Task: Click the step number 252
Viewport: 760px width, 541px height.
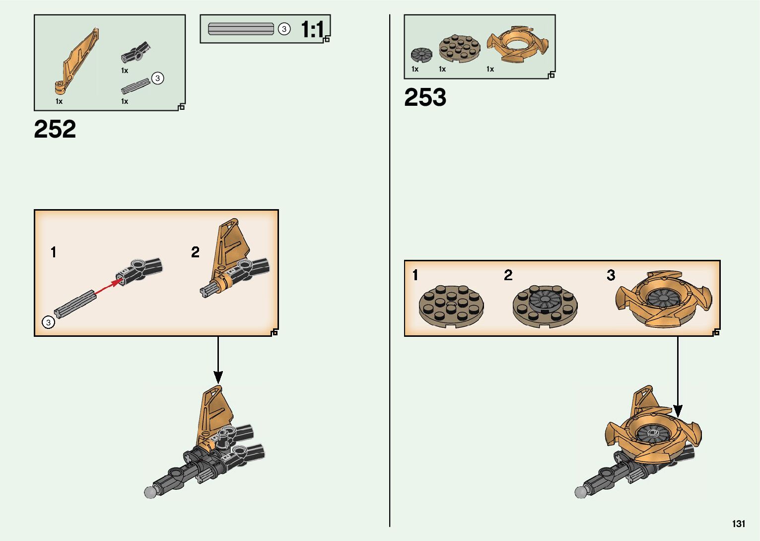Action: point(55,129)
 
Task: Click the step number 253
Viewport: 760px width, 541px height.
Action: point(425,97)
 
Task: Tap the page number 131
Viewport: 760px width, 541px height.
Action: point(738,524)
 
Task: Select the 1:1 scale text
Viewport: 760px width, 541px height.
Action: point(312,30)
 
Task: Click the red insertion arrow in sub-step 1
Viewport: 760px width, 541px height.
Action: point(106,288)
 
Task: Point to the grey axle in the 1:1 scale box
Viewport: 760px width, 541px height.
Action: point(241,29)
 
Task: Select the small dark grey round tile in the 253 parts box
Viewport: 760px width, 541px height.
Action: point(421,54)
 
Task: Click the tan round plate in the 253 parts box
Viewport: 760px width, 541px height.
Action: point(459,49)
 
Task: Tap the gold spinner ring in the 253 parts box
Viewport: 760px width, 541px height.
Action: point(517,45)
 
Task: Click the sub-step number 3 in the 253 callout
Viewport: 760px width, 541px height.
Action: point(611,275)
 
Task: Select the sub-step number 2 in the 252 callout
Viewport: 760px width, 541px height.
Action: point(195,252)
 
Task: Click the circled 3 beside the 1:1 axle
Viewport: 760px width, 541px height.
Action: point(284,29)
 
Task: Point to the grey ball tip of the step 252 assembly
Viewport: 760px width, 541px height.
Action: point(150,492)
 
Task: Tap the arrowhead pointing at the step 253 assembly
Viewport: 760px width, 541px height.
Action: point(678,411)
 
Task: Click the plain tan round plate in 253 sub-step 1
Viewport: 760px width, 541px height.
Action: point(451,305)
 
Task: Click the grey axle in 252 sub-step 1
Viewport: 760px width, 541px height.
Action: point(75,304)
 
